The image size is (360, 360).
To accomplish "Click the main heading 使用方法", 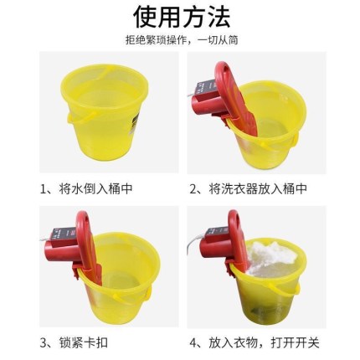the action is [x=182, y=17].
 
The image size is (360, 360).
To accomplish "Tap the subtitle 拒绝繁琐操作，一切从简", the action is [x=182, y=40].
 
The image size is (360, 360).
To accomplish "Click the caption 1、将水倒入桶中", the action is [x=86, y=189].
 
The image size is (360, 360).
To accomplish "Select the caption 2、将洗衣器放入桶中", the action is [x=249, y=189].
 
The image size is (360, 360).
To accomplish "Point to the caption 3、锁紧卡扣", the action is [x=74, y=342].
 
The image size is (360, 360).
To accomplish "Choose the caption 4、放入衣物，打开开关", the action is [x=255, y=342].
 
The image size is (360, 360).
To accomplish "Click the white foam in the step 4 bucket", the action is [x=273, y=256].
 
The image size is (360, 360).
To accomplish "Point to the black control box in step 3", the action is [x=63, y=235].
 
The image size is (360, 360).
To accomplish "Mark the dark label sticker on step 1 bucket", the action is [x=136, y=123].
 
